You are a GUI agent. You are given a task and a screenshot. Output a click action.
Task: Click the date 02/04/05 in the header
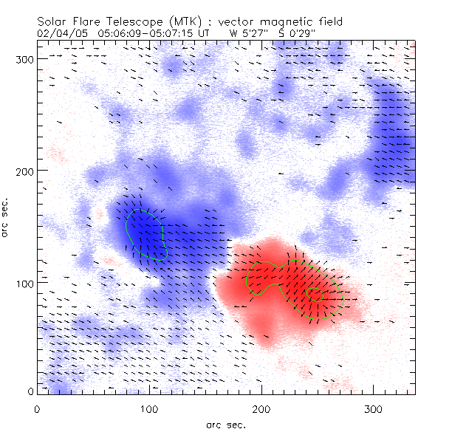tap(58, 33)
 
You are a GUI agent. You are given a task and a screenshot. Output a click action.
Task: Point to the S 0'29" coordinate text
tap(298, 33)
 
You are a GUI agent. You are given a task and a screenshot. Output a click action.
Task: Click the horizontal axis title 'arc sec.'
tap(225, 424)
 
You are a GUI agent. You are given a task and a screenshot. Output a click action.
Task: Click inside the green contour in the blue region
tap(145, 233)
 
